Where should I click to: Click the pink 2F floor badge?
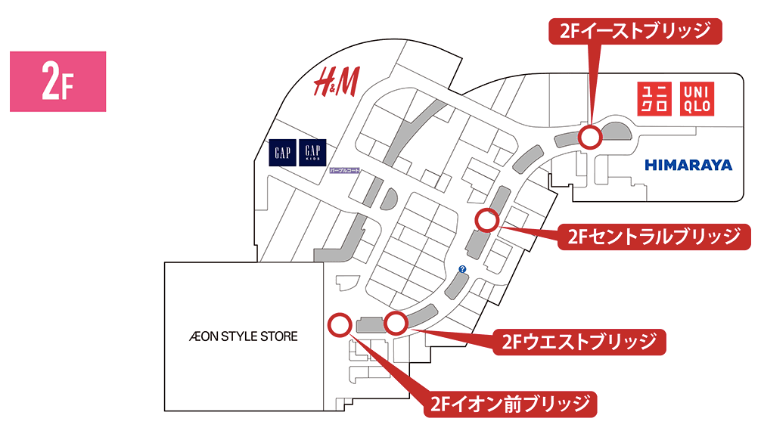click(x=57, y=82)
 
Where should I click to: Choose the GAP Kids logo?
click(x=313, y=153)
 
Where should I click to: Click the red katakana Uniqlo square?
click(x=654, y=98)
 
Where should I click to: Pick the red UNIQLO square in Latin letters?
click(x=697, y=98)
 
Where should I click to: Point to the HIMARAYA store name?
click(x=688, y=165)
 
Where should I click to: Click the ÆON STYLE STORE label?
click(x=244, y=336)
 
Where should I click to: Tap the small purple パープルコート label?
click(x=344, y=172)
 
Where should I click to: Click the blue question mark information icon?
click(x=462, y=269)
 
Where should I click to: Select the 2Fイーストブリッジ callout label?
click(x=635, y=31)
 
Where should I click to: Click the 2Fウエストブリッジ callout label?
click(x=579, y=342)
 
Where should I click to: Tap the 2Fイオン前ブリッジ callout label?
click(x=510, y=404)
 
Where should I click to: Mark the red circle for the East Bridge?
click(x=590, y=137)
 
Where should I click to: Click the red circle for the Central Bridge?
click(x=486, y=221)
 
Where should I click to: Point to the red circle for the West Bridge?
click(x=396, y=323)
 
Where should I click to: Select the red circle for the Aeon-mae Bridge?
click(x=340, y=325)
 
